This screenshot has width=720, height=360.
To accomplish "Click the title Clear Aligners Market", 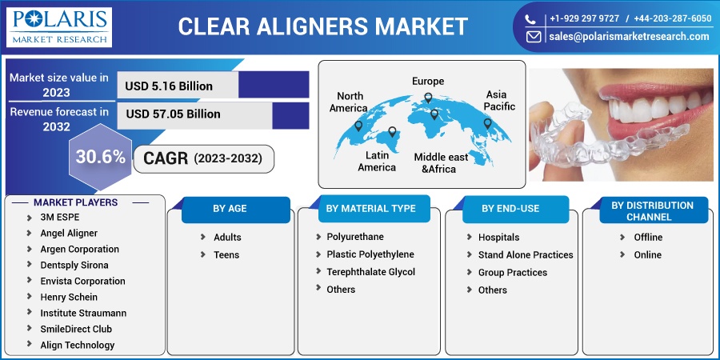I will pyautogui.click(x=322, y=26).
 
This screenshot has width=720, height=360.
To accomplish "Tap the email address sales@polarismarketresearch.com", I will pyautogui.click(x=628, y=36).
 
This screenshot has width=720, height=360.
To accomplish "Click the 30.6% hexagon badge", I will pyautogui.click(x=100, y=157).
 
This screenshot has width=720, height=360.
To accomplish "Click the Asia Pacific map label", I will pyautogui.click(x=500, y=100).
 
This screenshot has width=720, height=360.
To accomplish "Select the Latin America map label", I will pyautogui.click(x=376, y=161).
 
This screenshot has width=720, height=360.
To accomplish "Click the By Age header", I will pyautogui.click(x=230, y=209).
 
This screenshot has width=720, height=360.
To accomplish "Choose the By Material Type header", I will pyautogui.click(x=370, y=209).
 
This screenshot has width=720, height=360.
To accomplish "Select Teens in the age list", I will pyautogui.click(x=226, y=255).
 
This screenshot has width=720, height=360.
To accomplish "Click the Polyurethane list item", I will pyautogui.click(x=354, y=238).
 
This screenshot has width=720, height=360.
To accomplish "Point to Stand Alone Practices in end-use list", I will pyautogui.click(x=525, y=255).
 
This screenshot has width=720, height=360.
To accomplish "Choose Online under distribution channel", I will pyautogui.click(x=647, y=255).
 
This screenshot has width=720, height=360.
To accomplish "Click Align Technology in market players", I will pyautogui.click(x=77, y=346).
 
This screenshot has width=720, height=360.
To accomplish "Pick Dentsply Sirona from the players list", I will pyautogui.click(x=74, y=265).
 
